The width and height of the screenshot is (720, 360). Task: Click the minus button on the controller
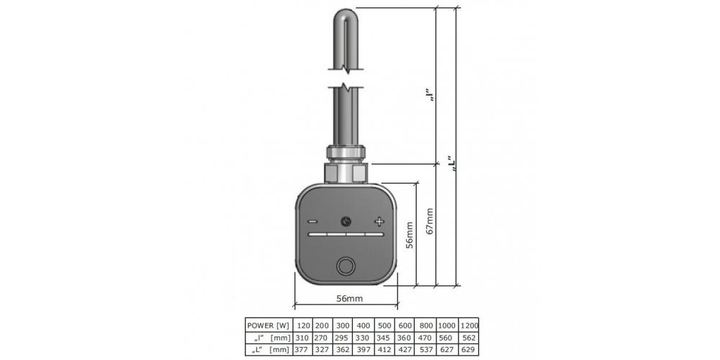point(312,222)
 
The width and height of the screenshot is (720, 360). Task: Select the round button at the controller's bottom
point(346,266)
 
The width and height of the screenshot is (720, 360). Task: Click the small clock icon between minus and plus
point(346,222)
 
